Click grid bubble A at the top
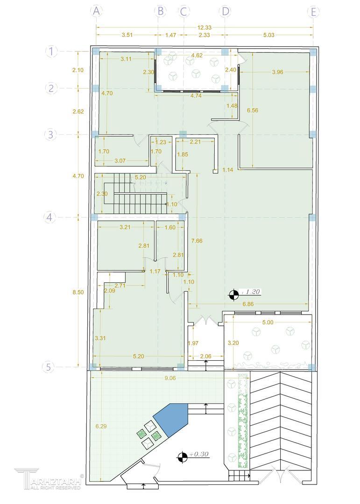tap(96, 12)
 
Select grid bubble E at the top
tap(313, 12)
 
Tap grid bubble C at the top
tap(184, 12)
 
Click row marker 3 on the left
tap(50, 134)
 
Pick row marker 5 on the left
tap(49, 367)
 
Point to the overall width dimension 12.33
tap(205, 28)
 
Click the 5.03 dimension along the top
tap(268, 35)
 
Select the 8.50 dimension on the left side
tap(78, 292)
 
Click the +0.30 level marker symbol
tap(182, 456)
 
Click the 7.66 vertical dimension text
tap(197, 241)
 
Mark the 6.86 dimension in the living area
tap(248, 304)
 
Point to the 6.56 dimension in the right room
tap(253, 110)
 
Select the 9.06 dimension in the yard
tap(170, 378)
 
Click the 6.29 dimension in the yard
tap(101, 426)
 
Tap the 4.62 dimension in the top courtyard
tap(197, 55)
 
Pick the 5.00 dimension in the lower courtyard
tap(268, 322)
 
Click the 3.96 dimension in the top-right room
tap(278, 72)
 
